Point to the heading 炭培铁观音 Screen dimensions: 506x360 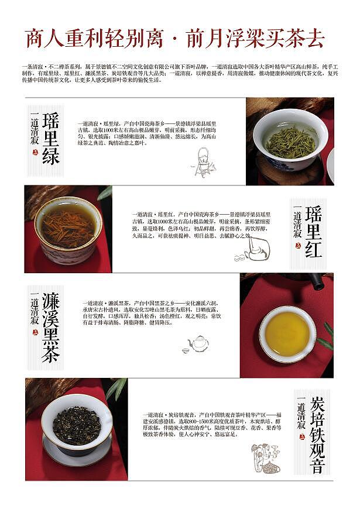317,433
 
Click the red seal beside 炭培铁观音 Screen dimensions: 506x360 301,444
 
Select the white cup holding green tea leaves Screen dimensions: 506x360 290,139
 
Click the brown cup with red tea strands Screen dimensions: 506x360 67,228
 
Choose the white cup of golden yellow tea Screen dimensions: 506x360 287,333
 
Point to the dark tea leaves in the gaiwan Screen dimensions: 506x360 77,425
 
